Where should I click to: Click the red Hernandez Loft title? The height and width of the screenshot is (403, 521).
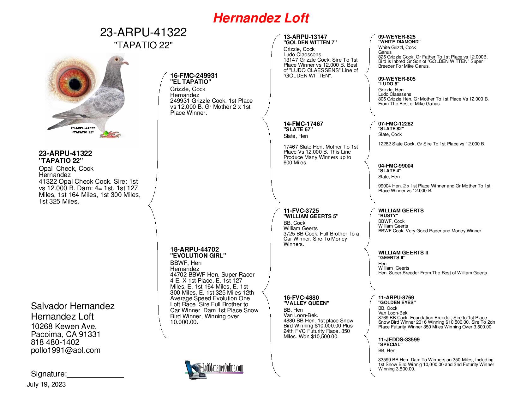tap(261, 18)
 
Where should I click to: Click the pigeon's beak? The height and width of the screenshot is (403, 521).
tap(126, 62)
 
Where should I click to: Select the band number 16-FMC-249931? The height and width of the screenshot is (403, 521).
tap(194, 76)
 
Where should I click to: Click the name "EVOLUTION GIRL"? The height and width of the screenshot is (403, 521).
tap(198, 256)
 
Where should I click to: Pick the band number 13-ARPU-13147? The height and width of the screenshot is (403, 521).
tap(305, 37)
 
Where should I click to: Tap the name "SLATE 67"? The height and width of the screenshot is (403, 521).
tap(298, 129)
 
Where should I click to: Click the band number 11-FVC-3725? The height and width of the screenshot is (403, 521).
tap(301, 211)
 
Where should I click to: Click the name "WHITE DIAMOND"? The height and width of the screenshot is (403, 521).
tap(399, 42)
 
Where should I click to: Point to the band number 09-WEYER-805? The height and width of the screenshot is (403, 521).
tap(397, 79)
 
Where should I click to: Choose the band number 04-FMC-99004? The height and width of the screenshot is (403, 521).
tap(396, 166)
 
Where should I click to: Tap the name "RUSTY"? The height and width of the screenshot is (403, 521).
tap(388, 216)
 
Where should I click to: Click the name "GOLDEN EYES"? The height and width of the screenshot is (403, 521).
tap(397, 302)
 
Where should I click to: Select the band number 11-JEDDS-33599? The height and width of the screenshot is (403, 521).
tap(399, 340)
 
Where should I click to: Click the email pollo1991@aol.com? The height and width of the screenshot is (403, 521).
tap(66, 350)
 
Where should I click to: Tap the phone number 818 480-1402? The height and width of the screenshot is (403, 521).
tap(55, 342)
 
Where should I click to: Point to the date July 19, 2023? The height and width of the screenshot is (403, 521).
tap(46, 385)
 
